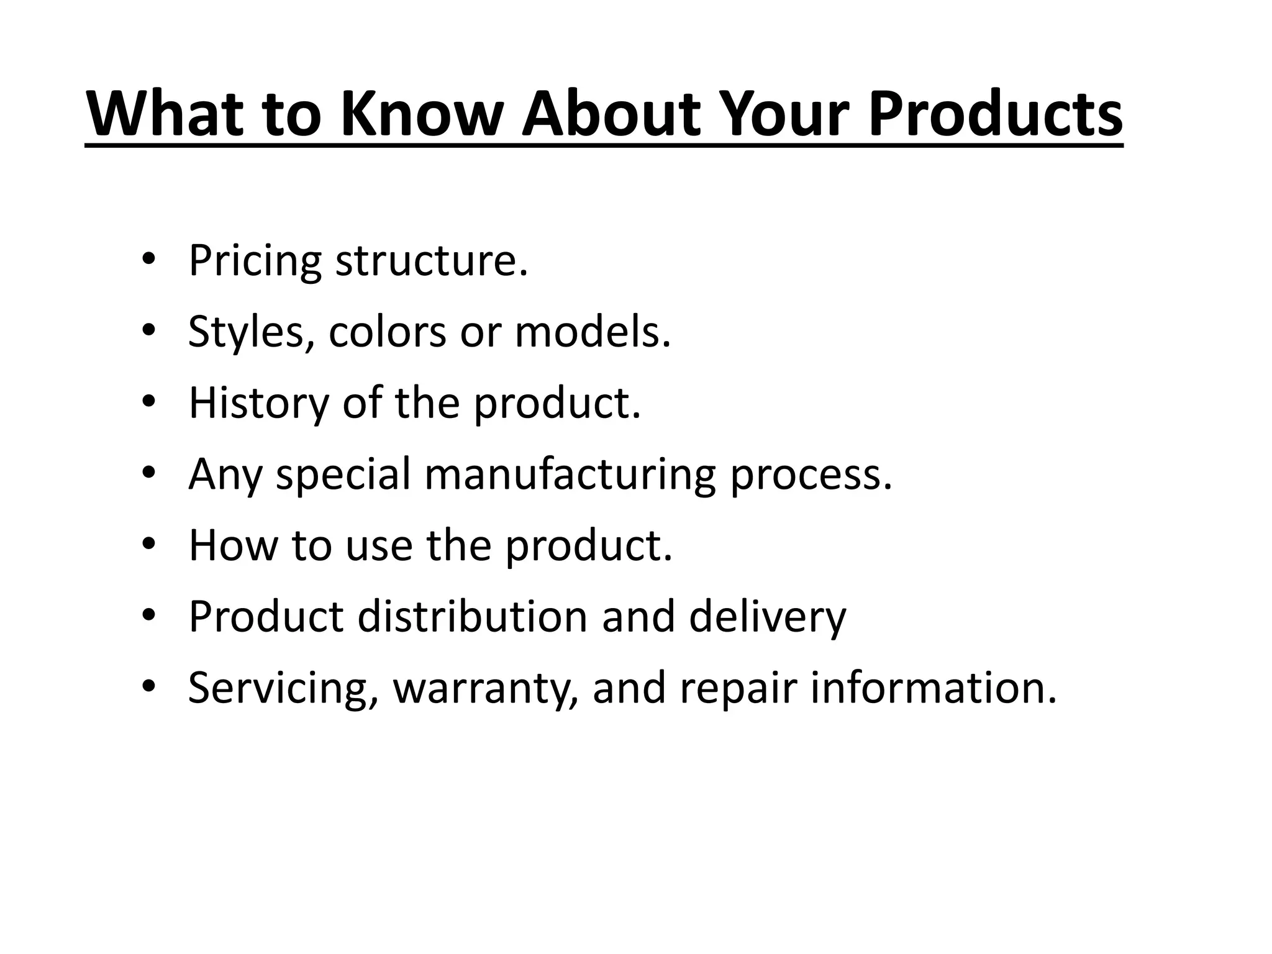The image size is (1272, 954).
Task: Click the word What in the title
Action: click(x=164, y=115)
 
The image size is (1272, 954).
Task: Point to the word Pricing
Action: click(x=255, y=261)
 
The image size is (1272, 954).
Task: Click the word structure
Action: click(x=432, y=261)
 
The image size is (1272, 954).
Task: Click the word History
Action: click(x=258, y=403)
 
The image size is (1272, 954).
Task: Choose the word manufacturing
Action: click(x=570, y=475)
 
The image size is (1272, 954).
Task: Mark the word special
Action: click(x=343, y=475)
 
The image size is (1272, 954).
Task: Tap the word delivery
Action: click(x=767, y=617)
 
